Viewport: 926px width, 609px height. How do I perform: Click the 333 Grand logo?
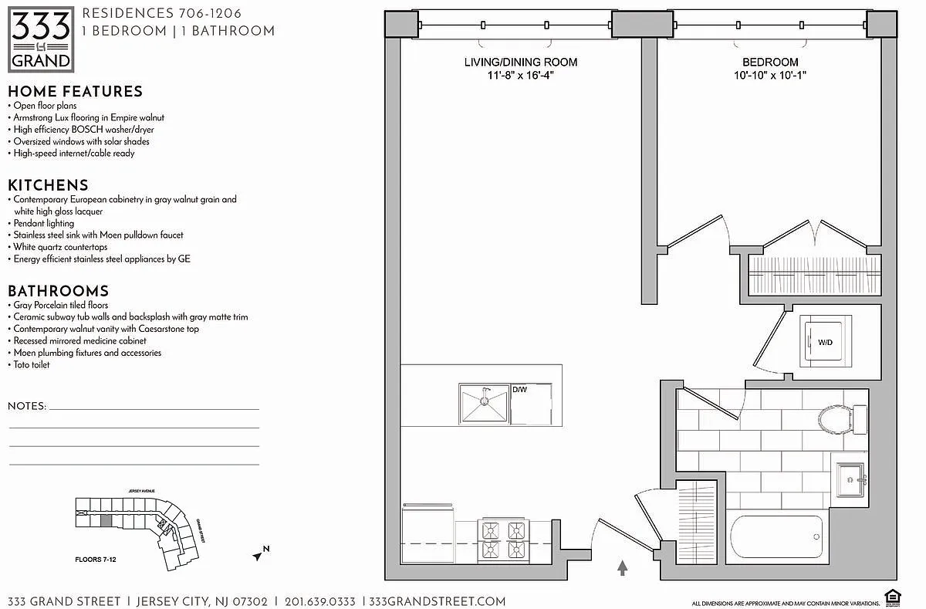41,38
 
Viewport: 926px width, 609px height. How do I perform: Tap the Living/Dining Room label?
520,62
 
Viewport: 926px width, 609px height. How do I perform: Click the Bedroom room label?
769,62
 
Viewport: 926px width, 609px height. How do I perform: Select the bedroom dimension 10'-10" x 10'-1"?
769,76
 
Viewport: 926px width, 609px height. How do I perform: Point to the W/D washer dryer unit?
825,341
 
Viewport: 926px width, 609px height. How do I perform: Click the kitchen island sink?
485,404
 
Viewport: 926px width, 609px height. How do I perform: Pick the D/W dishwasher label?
519,390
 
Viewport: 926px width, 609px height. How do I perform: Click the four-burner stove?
504,540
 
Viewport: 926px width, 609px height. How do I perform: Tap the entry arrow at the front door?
623,569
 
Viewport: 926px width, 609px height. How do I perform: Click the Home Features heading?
75,91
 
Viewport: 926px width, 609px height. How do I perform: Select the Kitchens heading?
48,185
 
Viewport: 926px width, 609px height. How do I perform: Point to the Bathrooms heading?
58,291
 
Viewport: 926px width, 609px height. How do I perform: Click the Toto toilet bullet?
31,364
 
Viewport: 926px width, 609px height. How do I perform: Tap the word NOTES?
27,406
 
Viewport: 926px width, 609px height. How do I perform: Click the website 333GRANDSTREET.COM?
438,601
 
